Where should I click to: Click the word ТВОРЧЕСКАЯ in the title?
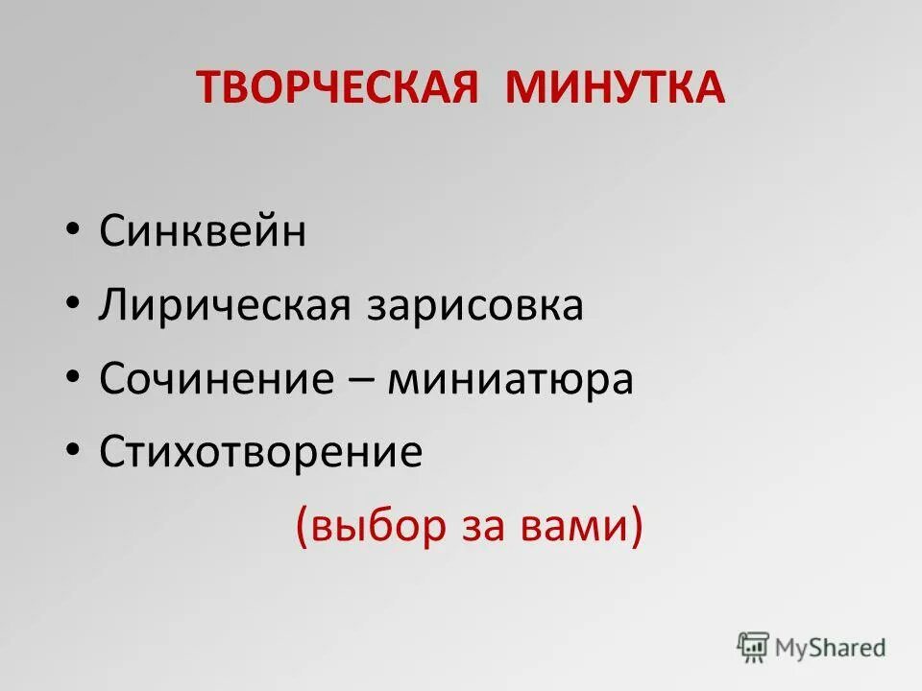338,88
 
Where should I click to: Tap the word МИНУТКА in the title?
616,88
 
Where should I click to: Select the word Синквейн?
203,233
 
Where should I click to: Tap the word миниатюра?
511,379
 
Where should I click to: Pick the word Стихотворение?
260,452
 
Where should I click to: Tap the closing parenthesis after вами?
635,528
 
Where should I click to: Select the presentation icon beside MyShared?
753,647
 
